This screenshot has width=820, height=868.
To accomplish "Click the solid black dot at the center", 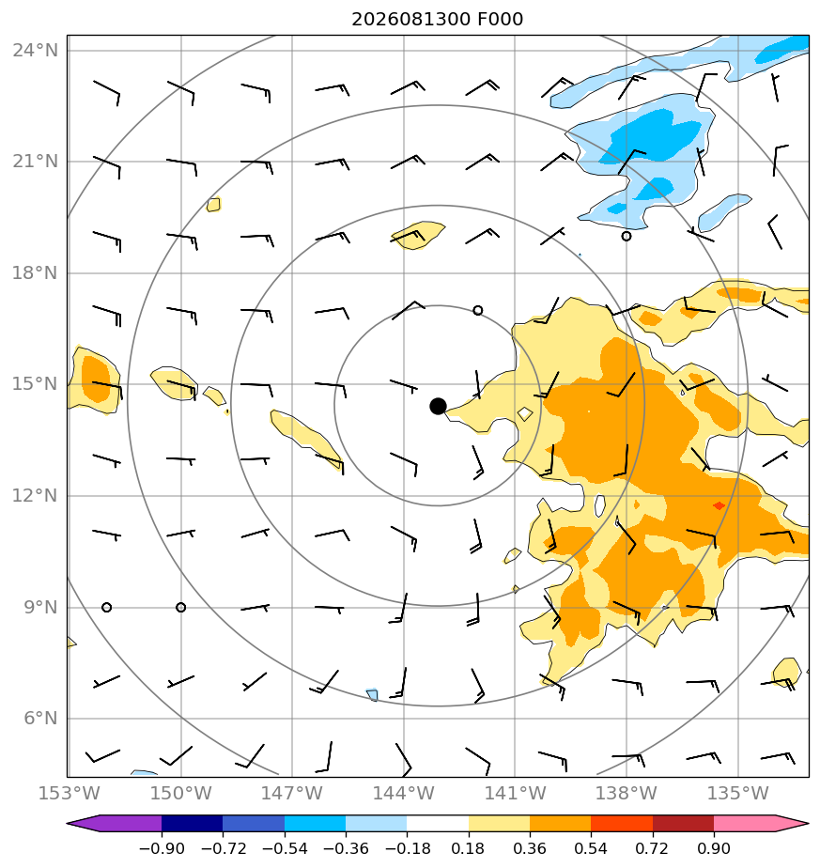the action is click(438, 407).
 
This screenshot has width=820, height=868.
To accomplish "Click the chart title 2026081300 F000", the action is click(437, 20).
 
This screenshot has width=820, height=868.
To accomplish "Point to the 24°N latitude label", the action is click(35, 51).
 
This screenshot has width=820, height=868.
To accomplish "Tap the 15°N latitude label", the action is click(35, 383).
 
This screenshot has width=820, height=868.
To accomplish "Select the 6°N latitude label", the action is click(40, 718).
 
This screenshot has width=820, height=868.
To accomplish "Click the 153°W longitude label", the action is click(70, 793).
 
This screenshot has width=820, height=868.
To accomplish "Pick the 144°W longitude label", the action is click(403, 793).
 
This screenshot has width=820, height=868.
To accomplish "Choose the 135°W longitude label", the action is click(737, 793).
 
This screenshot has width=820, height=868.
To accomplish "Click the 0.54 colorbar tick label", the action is click(591, 848).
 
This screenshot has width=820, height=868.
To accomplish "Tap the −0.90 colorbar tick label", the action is click(162, 848).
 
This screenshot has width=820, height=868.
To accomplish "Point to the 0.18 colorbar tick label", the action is click(469, 848).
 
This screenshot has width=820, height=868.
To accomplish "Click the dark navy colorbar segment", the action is click(193, 823).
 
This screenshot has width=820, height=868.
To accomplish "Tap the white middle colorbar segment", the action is click(438, 823).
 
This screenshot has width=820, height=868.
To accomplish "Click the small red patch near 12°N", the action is click(719, 505).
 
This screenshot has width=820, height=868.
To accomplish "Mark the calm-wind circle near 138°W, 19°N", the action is click(627, 237).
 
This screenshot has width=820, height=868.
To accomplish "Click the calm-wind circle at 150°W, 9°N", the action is click(180, 607).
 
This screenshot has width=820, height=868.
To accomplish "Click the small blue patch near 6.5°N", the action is click(372, 694).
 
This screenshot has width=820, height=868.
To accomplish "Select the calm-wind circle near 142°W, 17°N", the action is click(478, 311).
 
